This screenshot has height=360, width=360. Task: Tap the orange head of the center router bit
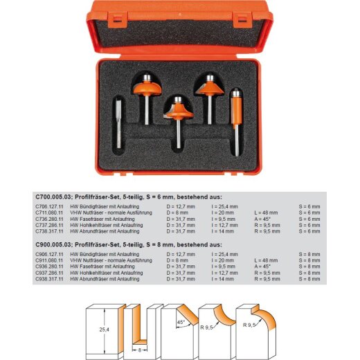pyautogui.click(x=178, y=109)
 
